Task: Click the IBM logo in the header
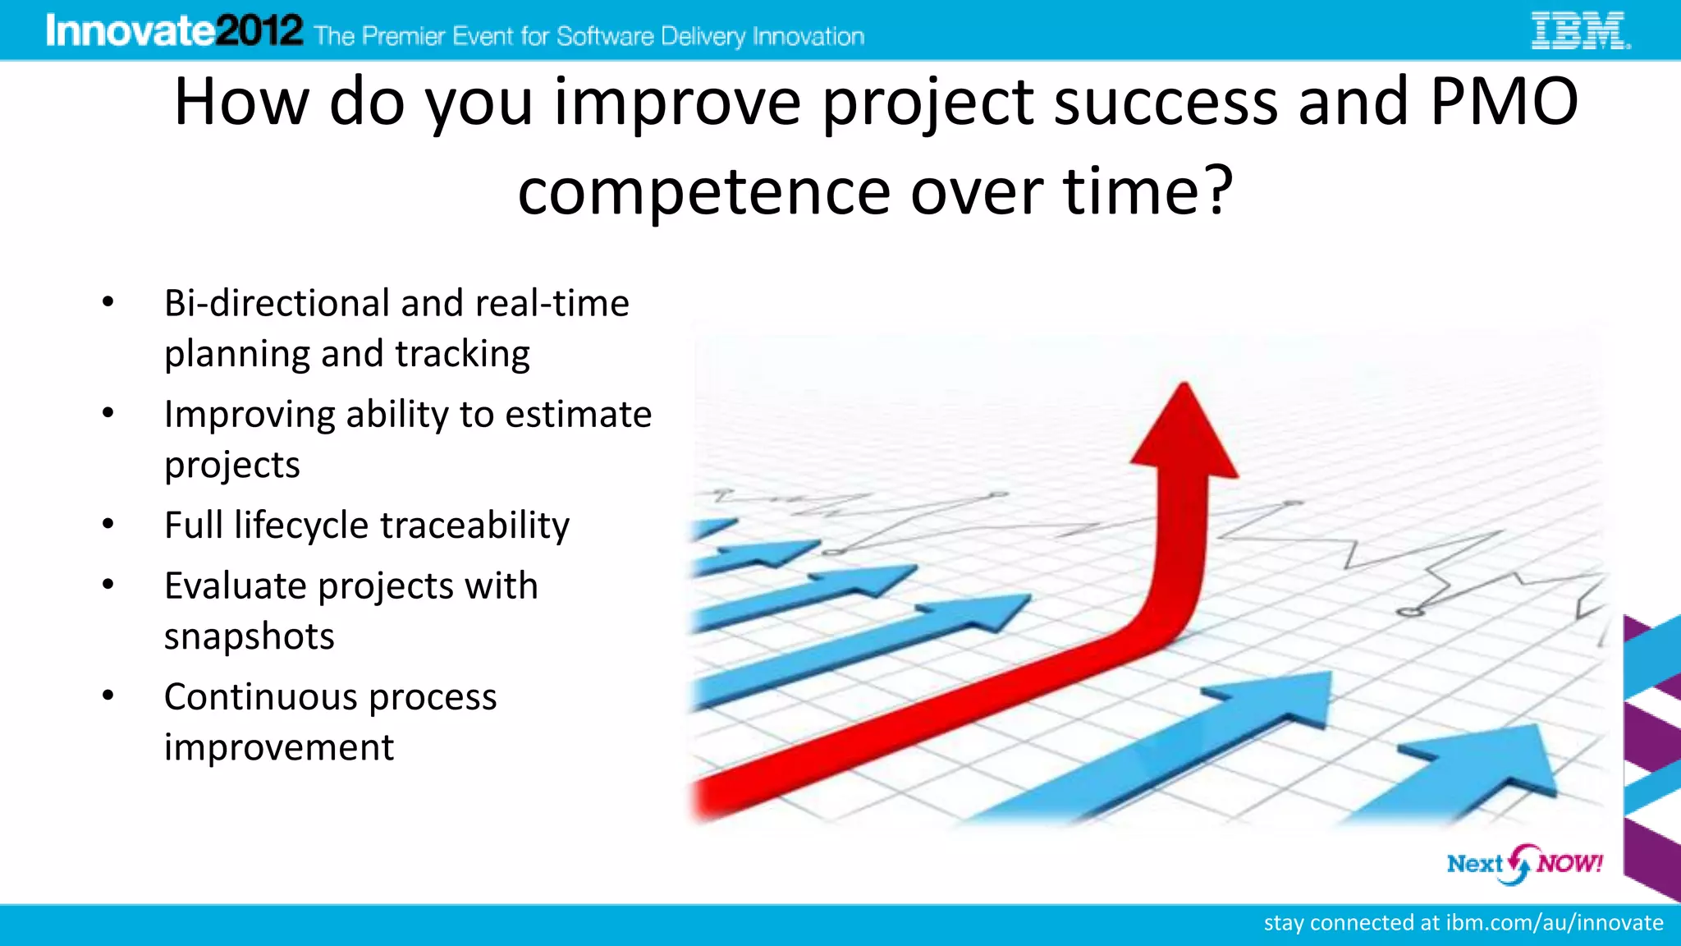pos(1580,31)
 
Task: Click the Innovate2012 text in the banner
pos(174,31)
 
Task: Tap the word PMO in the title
pos(1504,102)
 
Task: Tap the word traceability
pos(475,526)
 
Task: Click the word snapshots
pos(249,636)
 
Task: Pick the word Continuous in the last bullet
pos(261,697)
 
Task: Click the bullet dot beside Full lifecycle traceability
pos(108,523)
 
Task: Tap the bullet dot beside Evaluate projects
pos(108,584)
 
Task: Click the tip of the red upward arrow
pos(1184,388)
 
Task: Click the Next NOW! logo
pos(1523,864)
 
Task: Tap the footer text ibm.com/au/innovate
pos(1554,923)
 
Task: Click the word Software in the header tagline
pos(605,37)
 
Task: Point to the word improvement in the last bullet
pos(278,748)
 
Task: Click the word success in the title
pos(1165,102)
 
